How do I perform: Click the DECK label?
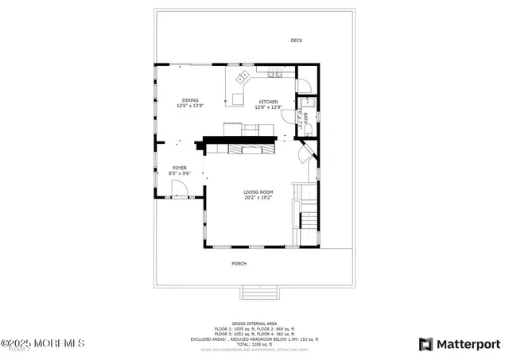(x=296, y=41)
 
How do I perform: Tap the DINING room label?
(x=190, y=100)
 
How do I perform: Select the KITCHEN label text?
(x=267, y=101)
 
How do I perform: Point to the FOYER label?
(x=180, y=168)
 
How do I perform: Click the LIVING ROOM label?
(x=258, y=192)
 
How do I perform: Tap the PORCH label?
(x=239, y=263)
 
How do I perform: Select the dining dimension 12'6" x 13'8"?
(x=190, y=106)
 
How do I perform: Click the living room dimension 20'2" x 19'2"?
(x=258, y=197)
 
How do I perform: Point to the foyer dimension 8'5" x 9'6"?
(x=180, y=173)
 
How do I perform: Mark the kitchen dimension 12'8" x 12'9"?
(x=267, y=106)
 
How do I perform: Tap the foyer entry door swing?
(x=181, y=188)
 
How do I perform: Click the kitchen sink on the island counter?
(x=242, y=78)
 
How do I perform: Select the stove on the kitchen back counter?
(x=275, y=74)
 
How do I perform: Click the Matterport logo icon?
(x=425, y=343)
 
